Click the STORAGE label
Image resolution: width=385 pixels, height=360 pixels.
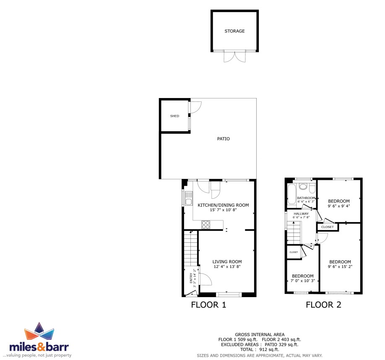(x=234, y=31)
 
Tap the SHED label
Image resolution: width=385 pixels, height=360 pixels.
(x=174, y=116)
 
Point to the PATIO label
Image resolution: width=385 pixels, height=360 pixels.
(x=224, y=139)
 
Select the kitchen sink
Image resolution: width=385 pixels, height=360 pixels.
(x=189, y=199)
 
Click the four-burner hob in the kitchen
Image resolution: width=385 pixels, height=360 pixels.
(x=206, y=225)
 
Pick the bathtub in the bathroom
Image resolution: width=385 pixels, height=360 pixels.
(x=292, y=194)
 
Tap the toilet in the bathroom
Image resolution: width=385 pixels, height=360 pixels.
(x=312, y=189)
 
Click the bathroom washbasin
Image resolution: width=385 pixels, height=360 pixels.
(x=303, y=186)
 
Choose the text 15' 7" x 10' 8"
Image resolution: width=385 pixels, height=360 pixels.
(x=223, y=210)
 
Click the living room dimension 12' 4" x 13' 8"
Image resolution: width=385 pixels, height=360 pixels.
(x=227, y=267)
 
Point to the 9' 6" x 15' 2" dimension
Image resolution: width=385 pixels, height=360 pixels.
(x=340, y=267)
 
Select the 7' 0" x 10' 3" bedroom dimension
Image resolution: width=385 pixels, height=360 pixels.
(x=303, y=281)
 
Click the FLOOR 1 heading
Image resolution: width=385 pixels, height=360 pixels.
(x=208, y=305)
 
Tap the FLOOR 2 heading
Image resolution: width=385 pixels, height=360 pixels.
(x=323, y=305)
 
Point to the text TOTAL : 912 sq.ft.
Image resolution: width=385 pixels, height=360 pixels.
(x=260, y=350)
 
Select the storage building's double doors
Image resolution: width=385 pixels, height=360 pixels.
(x=234, y=57)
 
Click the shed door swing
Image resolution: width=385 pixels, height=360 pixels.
(x=196, y=107)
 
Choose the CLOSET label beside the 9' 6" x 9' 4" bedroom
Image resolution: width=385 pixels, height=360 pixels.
(x=328, y=227)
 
